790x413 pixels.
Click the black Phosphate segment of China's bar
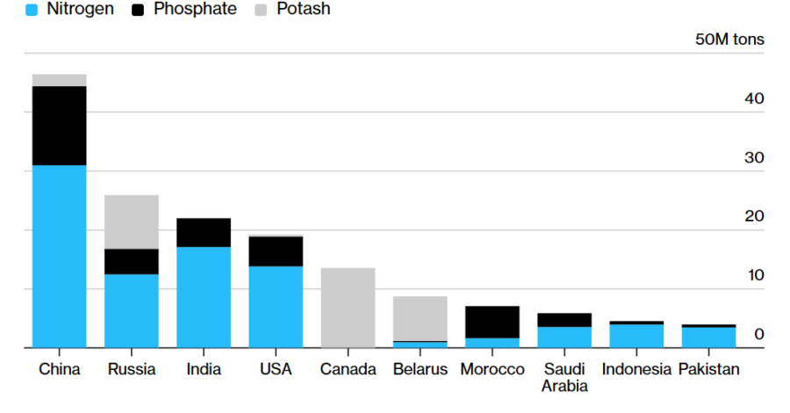pos(60,126)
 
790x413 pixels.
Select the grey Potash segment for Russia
pos(132,222)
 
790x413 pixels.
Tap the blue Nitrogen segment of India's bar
pos(204,297)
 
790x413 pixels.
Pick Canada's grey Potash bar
pos(348,308)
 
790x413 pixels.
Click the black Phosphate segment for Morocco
pos(492,322)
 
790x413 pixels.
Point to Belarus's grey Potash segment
pos(420,318)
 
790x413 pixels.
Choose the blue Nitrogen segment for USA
pos(276,307)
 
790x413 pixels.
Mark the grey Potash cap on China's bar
pos(60,80)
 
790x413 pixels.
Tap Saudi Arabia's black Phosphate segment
pos(564,320)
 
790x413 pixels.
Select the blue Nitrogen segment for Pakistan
pos(709,337)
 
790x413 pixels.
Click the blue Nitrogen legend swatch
pos(32,10)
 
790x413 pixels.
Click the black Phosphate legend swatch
pos(138,10)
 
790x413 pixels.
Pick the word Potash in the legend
pos(304,9)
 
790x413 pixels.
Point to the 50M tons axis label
pos(729,40)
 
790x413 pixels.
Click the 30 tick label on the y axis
pos(754,157)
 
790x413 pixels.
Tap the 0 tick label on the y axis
pos(759,334)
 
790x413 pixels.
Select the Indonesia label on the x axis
pos(636,369)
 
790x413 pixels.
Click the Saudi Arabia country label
pos(564,377)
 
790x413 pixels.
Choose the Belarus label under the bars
pos(420,369)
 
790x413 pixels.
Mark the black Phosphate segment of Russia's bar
pos(132,262)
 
